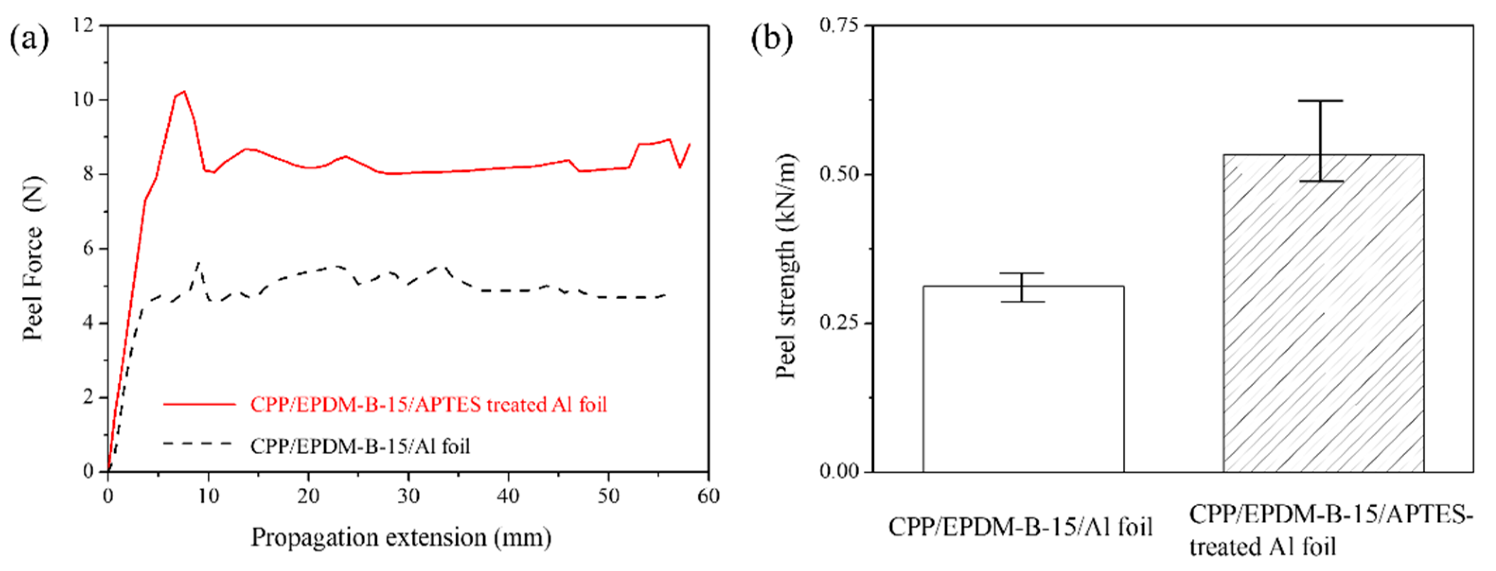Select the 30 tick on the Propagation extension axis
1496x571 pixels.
pyautogui.click(x=408, y=496)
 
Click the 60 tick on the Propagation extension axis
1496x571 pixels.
pyautogui.click(x=708, y=496)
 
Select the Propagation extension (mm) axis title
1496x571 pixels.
pyautogui.click(x=401, y=537)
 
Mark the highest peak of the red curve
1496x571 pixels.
pyautogui.click(x=184, y=91)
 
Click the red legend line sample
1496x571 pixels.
pyautogui.click(x=200, y=404)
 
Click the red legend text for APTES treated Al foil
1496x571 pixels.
pyautogui.click(x=429, y=405)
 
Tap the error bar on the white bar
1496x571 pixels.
pyautogui.click(x=1022, y=287)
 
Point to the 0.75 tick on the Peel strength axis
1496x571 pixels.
pyautogui.click(x=839, y=25)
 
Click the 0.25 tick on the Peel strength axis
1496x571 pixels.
pyautogui.click(x=839, y=323)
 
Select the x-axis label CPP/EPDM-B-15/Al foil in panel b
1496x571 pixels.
pyautogui.click(x=1020, y=527)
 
